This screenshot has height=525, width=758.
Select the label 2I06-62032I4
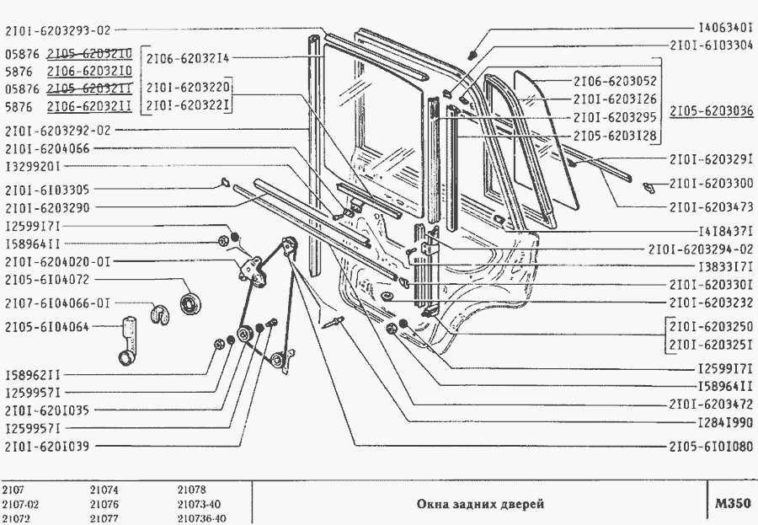pyautogui.click(x=188, y=58)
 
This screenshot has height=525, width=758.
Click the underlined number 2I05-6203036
pyautogui.click(x=712, y=111)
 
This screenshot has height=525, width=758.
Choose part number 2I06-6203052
pyautogui.click(x=615, y=82)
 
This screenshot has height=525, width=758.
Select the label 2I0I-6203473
pyautogui.click(x=712, y=206)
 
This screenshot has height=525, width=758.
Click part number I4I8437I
pyautogui.click(x=725, y=230)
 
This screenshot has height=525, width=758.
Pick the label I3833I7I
pyautogui.click(x=725, y=266)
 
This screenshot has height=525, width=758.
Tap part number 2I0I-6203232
pyautogui.click(x=712, y=303)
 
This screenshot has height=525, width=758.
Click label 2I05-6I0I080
pyautogui.click(x=712, y=446)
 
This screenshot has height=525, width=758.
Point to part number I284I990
pyautogui.click(x=725, y=422)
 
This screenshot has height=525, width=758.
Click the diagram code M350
pyautogui.click(x=731, y=504)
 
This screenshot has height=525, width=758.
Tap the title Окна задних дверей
pyautogui.click(x=481, y=504)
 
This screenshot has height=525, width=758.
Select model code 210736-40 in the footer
pyautogui.click(x=202, y=518)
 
